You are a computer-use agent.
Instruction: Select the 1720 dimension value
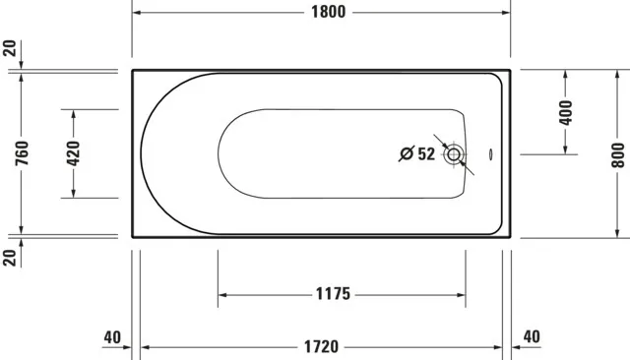point(321,346)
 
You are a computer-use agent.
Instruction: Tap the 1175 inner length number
point(334,294)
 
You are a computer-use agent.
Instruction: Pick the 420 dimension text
point(73,153)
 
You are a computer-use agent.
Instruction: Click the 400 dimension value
point(565,111)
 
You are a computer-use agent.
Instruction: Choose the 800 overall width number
point(617,153)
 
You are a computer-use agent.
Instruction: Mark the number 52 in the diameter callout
point(425,153)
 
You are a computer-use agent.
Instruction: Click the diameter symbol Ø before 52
point(405,153)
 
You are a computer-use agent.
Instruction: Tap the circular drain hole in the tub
point(454,154)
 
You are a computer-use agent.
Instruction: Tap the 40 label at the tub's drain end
point(532,336)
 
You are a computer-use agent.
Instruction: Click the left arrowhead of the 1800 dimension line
point(138,13)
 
